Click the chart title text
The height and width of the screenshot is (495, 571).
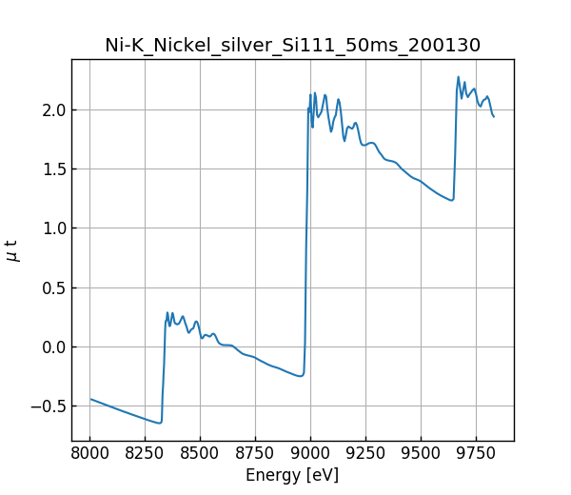(292, 45)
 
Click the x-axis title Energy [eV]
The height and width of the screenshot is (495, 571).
(292, 475)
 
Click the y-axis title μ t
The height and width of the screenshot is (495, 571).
(12, 250)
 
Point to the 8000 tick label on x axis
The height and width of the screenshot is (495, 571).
(90, 451)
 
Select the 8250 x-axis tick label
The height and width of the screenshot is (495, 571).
(146, 451)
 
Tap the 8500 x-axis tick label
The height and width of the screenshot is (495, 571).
(201, 451)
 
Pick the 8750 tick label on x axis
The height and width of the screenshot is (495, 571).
(256, 451)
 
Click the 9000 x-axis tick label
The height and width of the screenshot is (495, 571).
(311, 451)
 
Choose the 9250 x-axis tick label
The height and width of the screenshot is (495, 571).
(365, 451)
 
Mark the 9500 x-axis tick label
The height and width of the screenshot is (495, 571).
(421, 451)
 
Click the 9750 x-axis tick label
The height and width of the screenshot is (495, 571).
(476, 451)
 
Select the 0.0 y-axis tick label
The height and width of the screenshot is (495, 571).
(52, 346)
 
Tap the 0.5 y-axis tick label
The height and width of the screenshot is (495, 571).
(52, 287)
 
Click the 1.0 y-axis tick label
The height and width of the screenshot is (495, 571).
(52, 228)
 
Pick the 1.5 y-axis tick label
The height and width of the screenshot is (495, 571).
(52, 169)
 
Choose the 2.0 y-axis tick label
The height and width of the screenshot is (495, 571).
(52, 109)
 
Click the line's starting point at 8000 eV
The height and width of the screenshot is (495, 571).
(91, 399)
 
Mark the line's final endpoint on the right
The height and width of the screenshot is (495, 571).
(494, 116)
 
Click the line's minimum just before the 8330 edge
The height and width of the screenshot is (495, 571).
(160, 423)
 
